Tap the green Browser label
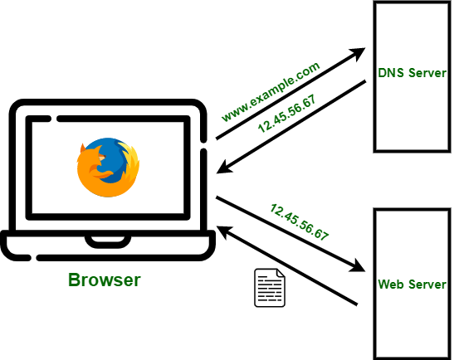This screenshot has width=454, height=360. pyautogui.click(x=104, y=280)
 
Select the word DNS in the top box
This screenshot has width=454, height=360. pyautogui.click(x=389, y=74)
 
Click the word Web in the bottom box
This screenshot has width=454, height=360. pyautogui.click(x=391, y=285)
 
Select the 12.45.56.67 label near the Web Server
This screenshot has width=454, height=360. pyautogui.click(x=299, y=221)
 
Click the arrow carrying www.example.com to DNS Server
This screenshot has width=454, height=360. pyautogui.click(x=290, y=95)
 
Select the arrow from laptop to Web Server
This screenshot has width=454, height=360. pyautogui.click(x=290, y=233)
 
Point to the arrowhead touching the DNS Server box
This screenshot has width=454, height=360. pyautogui.click(x=359, y=55)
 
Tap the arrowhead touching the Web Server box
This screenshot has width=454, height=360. pyautogui.click(x=359, y=266)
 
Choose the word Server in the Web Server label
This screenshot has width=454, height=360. pyautogui.click(x=427, y=285)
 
